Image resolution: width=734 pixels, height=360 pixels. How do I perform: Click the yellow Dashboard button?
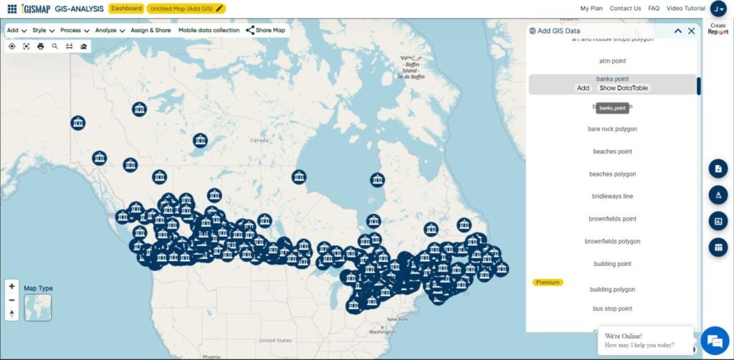[127, 9]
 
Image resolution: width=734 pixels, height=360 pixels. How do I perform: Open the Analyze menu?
[110, 31]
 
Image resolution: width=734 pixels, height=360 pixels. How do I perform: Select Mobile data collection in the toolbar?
[209, 31]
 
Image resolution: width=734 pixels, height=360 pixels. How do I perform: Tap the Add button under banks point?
[583, 88]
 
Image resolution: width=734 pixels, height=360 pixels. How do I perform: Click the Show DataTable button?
[624, 88]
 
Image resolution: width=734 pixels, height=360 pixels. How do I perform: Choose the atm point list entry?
[612, 62]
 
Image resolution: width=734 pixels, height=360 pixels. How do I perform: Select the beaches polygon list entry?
[612, 174]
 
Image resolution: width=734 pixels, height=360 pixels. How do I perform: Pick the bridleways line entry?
[612, 196]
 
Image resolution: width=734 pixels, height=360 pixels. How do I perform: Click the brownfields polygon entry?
[612, 242]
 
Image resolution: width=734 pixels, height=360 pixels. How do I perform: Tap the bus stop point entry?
[612, 309]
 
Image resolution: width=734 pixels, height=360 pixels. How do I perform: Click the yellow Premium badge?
[548, 283]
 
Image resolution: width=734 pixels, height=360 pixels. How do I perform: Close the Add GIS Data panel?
[692, 31]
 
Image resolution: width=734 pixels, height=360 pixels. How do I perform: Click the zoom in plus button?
[12, 286]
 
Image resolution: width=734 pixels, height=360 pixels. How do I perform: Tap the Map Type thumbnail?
[37, 307]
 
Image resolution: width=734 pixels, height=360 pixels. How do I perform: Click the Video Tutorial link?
[685, 9]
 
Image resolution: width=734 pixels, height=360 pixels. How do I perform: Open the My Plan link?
[591, 9]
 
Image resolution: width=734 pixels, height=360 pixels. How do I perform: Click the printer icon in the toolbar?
[41, 47]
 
